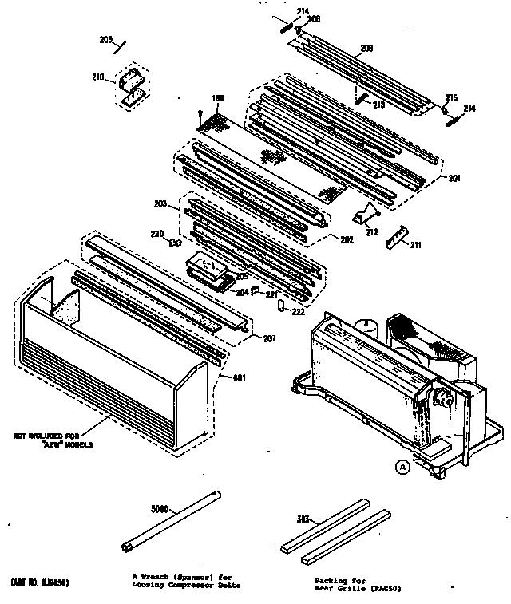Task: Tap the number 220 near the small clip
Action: click(x=156, y=235)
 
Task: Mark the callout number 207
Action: click(x=269, y=339)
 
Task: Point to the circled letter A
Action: click(x=403, y=467)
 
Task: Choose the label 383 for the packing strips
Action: click(x=304, y=520)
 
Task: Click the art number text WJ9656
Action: click(x=41, y=583)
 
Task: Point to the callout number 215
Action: click(x=451, y=97)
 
